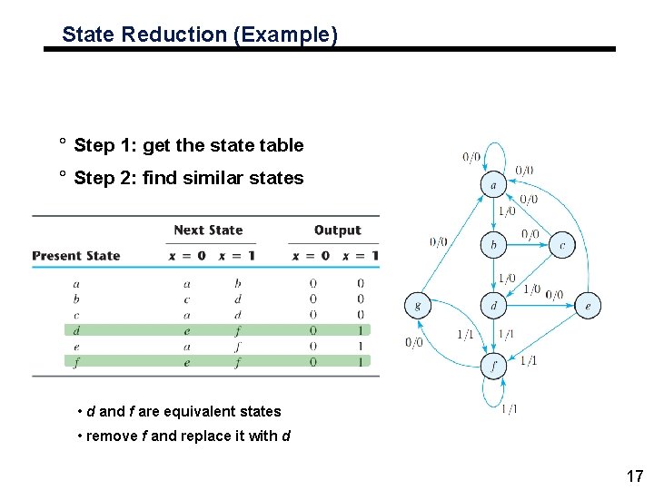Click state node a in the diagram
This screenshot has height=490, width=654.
pyautogui.click(x=493, y=185)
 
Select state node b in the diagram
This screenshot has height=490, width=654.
pyautogui.click(x=493, y=245)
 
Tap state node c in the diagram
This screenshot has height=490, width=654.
pyautogui.click(x=562, y=245)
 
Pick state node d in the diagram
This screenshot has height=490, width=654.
pyautogui.click(x=493, y=306)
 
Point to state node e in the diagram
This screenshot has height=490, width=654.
pyautogui.click(x=588, y=306)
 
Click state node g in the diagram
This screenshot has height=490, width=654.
pyautogui.click(x=417, y=306)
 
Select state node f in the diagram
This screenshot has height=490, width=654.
pyautogui.click(x=493, y=366)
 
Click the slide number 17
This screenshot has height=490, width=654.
pyautogui.click(x=634, y=475)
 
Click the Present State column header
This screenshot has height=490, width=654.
pyautogui.click(x=76, y=256)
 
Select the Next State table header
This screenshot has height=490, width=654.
pyautogui.click(x=208, y=230)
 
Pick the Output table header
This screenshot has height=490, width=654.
pyautogui.click(x=337, y=230)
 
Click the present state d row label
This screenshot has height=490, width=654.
pyautogui.click(x=76, y=330)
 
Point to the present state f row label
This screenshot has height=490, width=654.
pyautogui.click(x=76, y=361)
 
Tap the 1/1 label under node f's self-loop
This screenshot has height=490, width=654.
pyautogui.click(x=509, y=409)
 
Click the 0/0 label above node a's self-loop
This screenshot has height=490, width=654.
pyautogui.click(x=471, y=157)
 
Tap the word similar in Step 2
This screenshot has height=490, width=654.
pyautogui.click(x=213, y=178)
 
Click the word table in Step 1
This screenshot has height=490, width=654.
pyautogui.click(x=283, y=145)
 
